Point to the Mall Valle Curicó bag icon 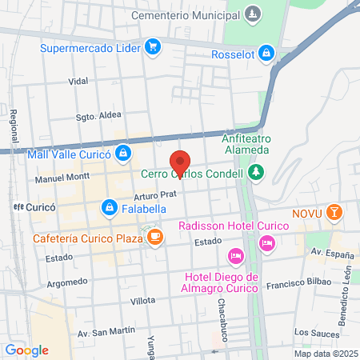point(122,153)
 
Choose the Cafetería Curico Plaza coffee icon point(154,238)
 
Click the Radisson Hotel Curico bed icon point(267,241)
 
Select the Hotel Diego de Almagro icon point(235,257)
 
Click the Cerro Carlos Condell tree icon point(255,172)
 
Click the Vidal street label point(78,82)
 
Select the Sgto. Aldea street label point(97,115)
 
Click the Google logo point(26,350)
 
